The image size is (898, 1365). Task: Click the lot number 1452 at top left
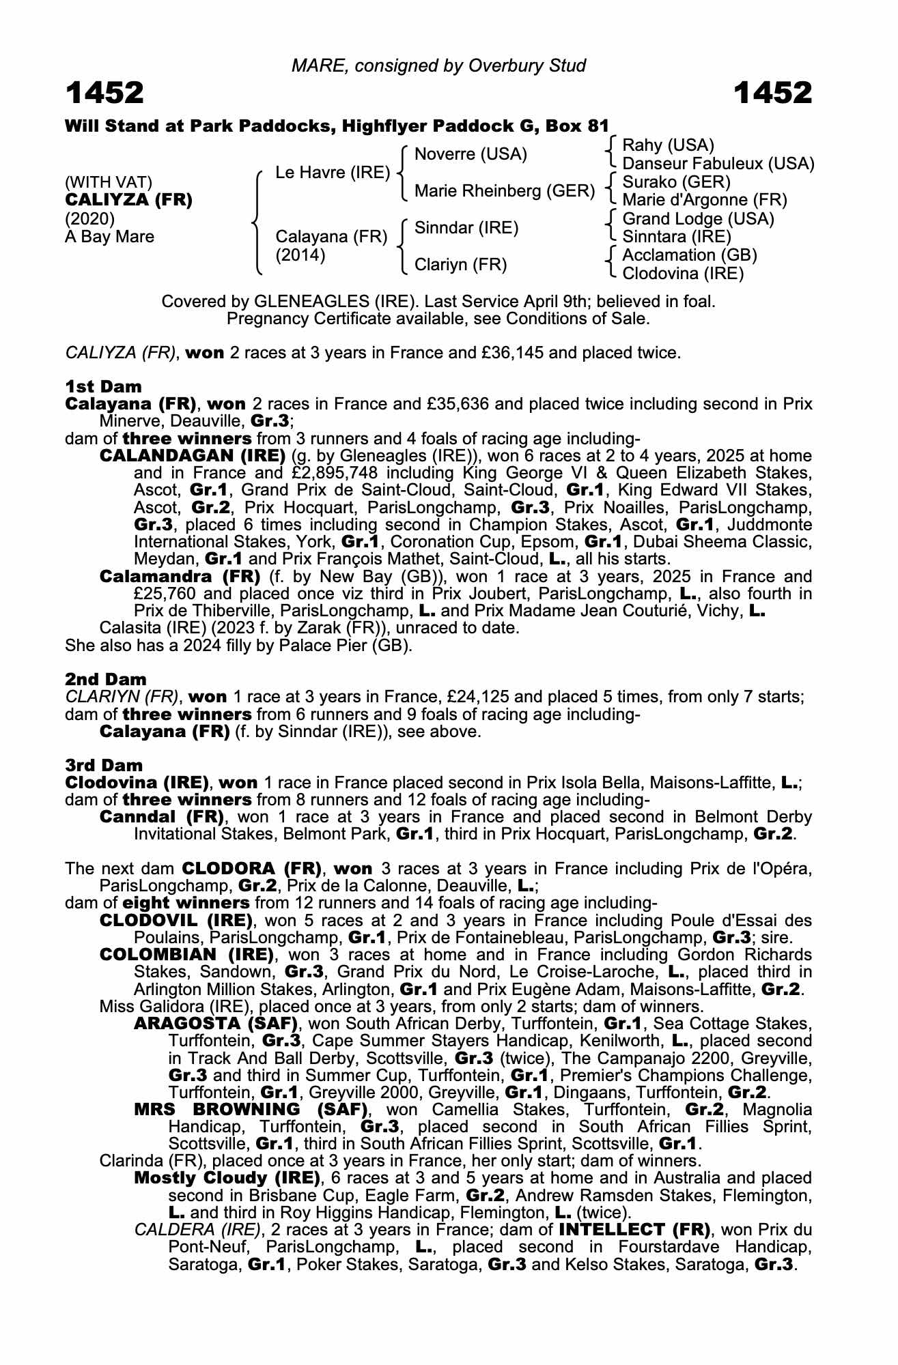pos(104,94)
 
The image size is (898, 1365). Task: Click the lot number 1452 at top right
pos(773,94)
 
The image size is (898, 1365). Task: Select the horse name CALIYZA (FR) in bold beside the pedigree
pos(128,200)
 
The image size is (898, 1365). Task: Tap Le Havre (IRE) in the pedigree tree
pos(332,173)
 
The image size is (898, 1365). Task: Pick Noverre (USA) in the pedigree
pos(471,154)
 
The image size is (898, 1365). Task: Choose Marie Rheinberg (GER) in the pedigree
pos(505,191)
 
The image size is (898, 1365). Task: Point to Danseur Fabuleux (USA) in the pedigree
pos(718,164)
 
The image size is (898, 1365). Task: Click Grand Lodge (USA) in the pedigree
pos(698,219)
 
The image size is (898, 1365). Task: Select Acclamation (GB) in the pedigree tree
pos(690,255)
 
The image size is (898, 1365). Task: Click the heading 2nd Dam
pos(105,679)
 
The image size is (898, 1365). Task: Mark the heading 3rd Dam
pos(104,765)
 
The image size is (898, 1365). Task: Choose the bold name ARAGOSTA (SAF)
pos(216,1024)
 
